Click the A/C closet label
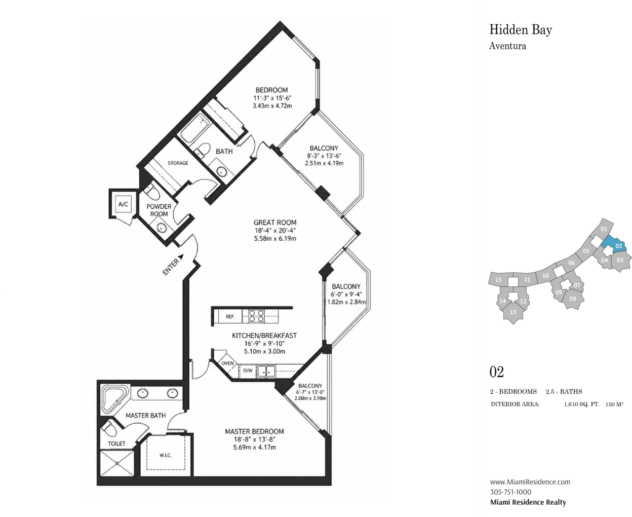[123, 204]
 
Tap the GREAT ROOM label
[275, 223]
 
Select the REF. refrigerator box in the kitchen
[230, 316]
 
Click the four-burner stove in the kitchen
[257, 316]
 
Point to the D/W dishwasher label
[248, 371]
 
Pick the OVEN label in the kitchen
[227, 363]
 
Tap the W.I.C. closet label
[166, 455]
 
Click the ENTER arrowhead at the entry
[181, 256]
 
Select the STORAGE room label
[178, 163]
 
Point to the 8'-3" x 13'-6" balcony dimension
[324, 156]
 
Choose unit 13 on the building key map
[513, 312]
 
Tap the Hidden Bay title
[521, 30]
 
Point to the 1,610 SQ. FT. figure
[582, 404]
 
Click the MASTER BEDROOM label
[254, 431]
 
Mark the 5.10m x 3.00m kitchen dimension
[264, 351]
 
